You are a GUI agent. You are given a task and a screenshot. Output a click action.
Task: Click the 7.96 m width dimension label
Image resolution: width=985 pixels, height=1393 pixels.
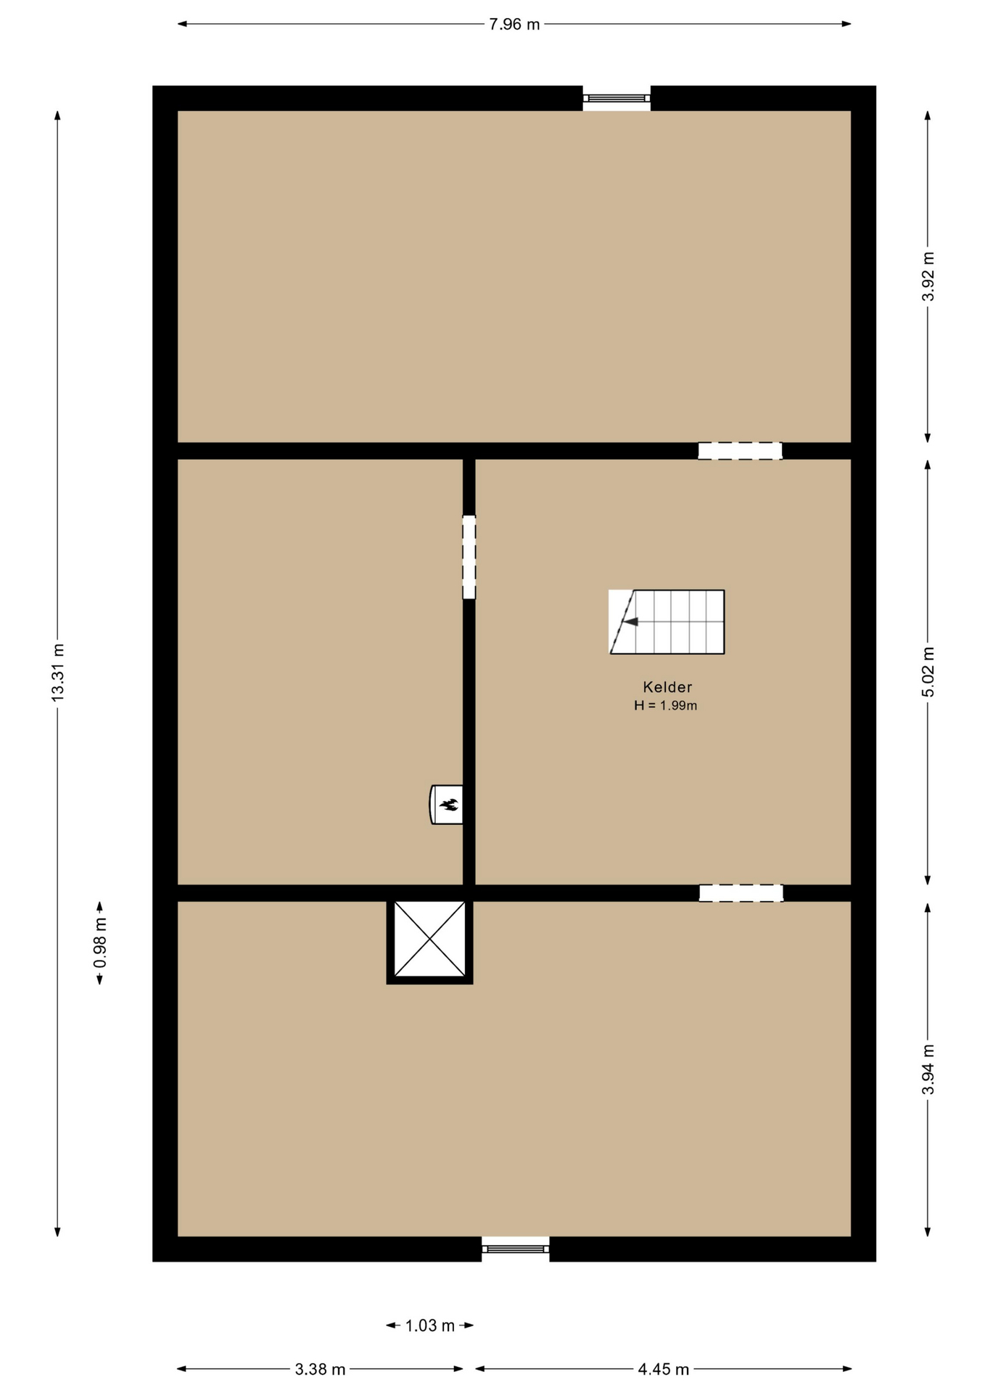pos(514,24)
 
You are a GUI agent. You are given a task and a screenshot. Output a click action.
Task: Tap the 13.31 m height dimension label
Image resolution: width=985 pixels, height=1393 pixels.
pos(58,672)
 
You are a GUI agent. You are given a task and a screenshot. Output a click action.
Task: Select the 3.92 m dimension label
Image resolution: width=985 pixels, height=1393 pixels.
pos(928,276)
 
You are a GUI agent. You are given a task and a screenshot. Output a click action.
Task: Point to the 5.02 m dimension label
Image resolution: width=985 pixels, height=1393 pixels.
pos(928,672)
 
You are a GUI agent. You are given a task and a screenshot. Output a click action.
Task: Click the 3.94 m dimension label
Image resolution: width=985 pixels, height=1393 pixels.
pos(928,1069)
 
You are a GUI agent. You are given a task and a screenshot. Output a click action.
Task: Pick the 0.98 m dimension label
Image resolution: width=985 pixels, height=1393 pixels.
pos(100,942)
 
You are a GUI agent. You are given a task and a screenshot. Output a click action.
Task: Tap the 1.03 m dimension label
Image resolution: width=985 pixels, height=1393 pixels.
pos(429,1326)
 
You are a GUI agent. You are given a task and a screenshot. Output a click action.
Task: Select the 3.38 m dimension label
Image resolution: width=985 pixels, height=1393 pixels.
pos(320,1369)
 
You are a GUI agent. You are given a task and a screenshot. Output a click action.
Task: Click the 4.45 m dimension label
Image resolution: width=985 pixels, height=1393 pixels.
pos(663,1369)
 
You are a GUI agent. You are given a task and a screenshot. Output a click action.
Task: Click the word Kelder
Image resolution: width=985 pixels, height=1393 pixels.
pos(667,687)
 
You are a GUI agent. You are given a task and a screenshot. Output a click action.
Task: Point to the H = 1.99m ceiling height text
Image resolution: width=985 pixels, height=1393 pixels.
pos(665,705)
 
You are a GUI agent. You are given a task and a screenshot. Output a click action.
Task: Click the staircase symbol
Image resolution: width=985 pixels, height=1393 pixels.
pos(667,622)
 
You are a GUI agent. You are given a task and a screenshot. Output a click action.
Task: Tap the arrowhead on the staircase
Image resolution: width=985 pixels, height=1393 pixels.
pos(630,622)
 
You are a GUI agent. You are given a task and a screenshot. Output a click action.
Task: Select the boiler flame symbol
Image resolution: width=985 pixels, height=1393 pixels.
pos(450,804)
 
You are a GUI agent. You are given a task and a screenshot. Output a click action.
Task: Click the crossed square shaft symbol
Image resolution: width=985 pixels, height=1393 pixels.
pos(429,940)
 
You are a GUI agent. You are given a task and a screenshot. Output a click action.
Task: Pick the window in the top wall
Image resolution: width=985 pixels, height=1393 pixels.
pos(617,98)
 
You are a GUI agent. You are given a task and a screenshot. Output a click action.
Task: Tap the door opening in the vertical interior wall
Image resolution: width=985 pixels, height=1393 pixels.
pos(469,557)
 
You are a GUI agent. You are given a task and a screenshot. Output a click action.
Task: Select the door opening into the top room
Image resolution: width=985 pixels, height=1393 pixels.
pos(740,451)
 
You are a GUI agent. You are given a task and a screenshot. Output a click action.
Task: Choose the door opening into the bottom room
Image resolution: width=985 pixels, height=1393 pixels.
pos(741,893)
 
